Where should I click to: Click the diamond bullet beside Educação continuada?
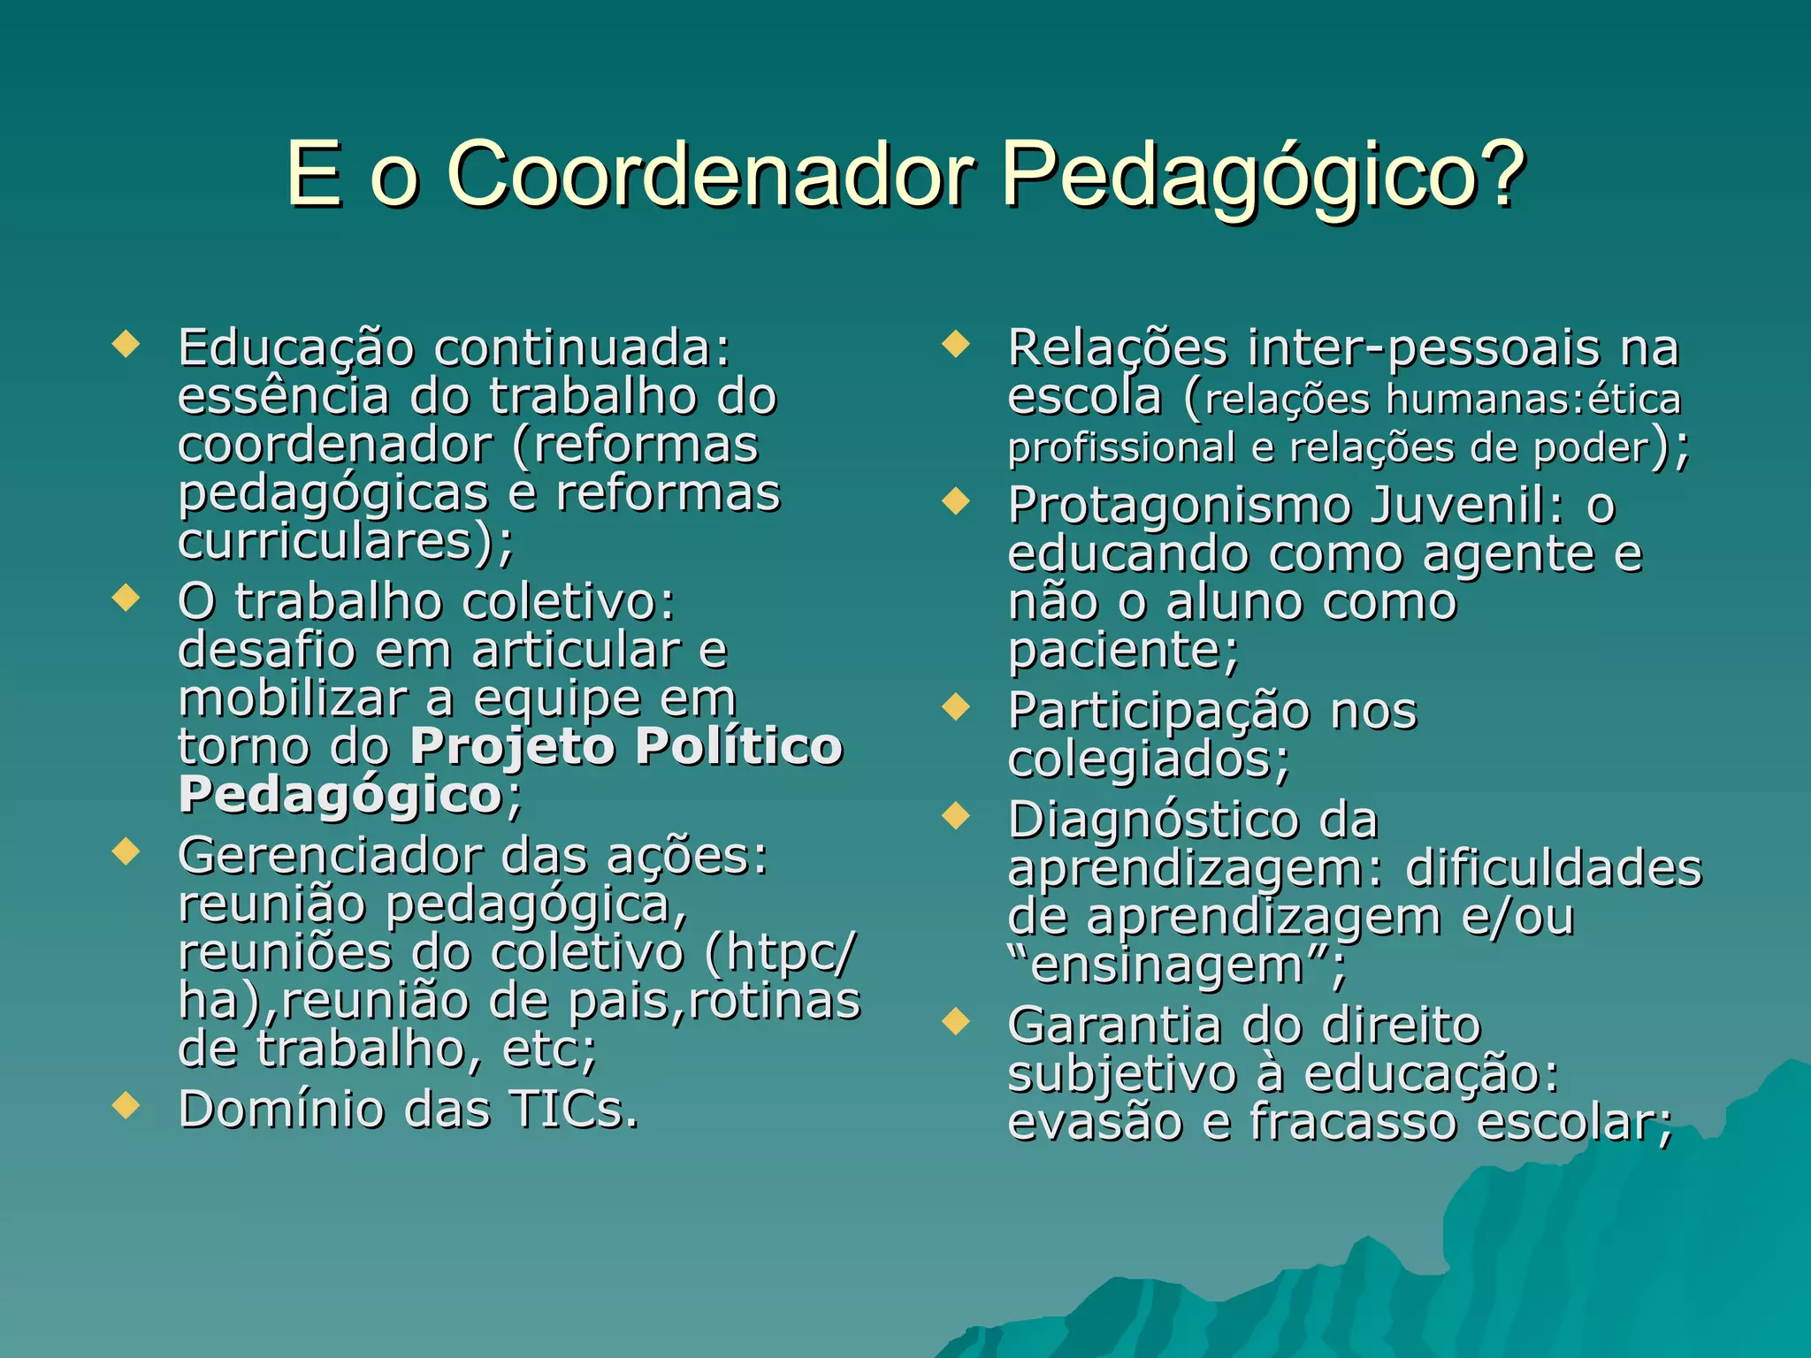coord(126,344)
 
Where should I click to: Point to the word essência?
coord(283,397)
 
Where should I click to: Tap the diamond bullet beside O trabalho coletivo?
coord(126,599)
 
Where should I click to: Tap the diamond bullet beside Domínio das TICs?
coord(126,1105)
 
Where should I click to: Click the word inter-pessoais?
coord(1423,348)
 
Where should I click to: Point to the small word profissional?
coord(1121,448)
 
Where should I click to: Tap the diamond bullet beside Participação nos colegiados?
coord(956,706)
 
